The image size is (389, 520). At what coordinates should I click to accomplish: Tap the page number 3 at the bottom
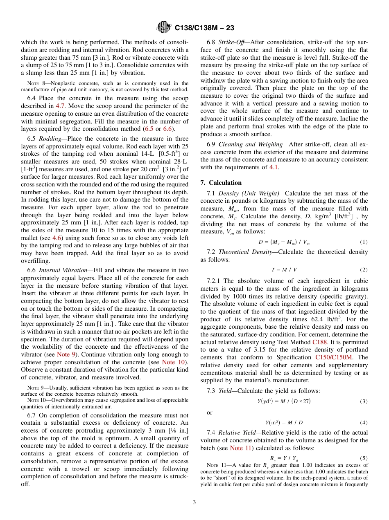pos(194,502)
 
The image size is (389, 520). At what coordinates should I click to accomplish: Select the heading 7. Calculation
pos(221,183)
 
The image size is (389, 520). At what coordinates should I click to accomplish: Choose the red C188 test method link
pos(319,342)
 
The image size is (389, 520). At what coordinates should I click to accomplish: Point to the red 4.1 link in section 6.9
pos(274,167)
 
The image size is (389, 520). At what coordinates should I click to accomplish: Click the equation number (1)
pos(364,242)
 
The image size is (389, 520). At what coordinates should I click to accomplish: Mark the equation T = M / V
pos(284,270)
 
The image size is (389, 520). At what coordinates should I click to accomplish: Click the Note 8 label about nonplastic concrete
pos(33,83)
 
